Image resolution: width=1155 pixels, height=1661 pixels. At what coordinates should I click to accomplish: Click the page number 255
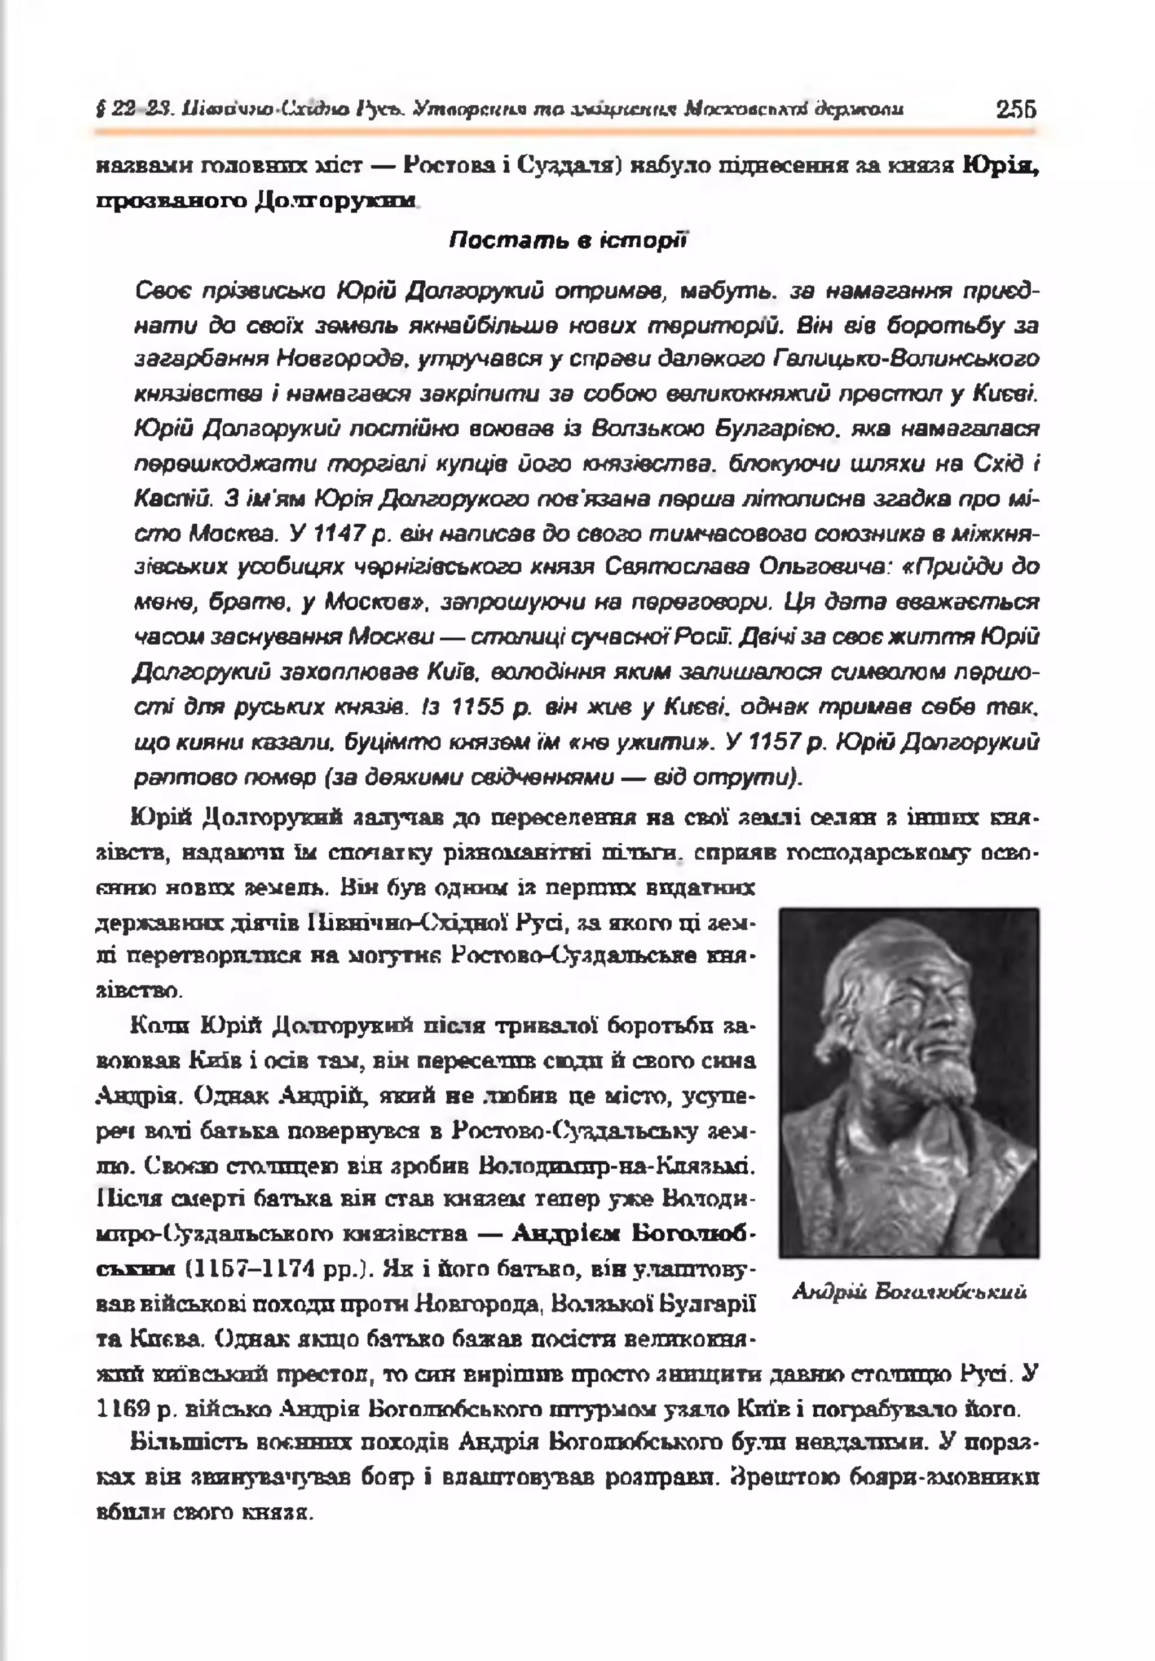point(1016,110)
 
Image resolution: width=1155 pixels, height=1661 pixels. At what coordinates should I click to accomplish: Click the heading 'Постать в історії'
point(567,241)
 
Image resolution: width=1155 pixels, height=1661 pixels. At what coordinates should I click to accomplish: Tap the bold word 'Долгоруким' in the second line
point(337,200)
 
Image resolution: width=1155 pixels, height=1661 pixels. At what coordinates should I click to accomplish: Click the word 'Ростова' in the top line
point(446,166)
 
